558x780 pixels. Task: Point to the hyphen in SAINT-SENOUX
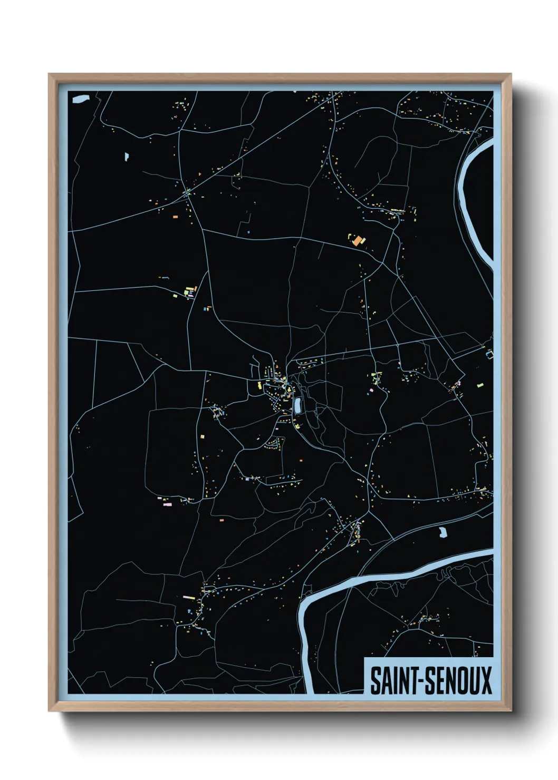(x=419, y=681)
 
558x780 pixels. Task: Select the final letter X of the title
(x=486, y=680)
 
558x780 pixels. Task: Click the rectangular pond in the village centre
(x=297, y=405)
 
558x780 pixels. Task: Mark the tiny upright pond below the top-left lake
(x=127, y=156)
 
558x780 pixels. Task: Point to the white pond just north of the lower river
(x=442, y=532)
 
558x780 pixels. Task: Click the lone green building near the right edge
(x=480, y=385)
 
